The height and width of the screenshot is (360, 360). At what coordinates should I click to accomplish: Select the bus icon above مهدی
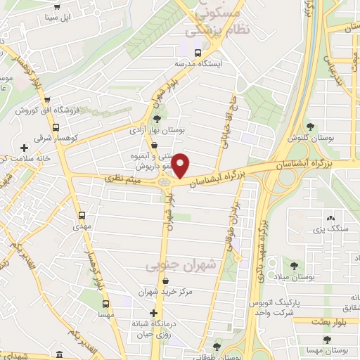(x=82, y=216)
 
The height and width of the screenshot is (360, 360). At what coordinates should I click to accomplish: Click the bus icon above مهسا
(x=105, y=304)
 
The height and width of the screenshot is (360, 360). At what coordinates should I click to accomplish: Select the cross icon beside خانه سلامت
(x=25, y=148)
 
